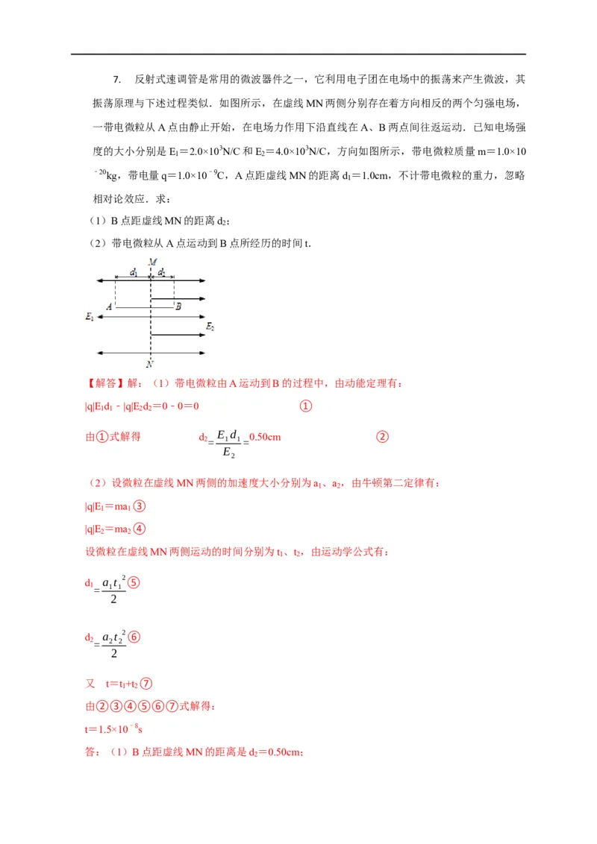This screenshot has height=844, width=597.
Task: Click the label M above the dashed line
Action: pos(151,262)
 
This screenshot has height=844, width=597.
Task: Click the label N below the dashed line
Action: pos(150,364)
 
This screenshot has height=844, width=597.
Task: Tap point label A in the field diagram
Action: pos(109,306)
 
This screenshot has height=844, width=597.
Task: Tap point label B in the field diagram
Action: pos(177,306)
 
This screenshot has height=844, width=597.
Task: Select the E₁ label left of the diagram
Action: pos(90,317)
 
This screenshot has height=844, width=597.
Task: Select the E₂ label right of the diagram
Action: pos(210,327)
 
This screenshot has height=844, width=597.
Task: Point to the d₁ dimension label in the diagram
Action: pos(133,273)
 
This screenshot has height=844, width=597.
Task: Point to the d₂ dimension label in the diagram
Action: pos(162,273)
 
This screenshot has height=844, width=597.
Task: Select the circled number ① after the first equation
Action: pos(305,406)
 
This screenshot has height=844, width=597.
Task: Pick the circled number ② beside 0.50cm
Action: pos(382,437)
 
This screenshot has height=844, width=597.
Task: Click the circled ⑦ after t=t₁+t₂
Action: pos(146,684)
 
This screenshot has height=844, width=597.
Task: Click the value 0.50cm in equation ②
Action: pos(264,437)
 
